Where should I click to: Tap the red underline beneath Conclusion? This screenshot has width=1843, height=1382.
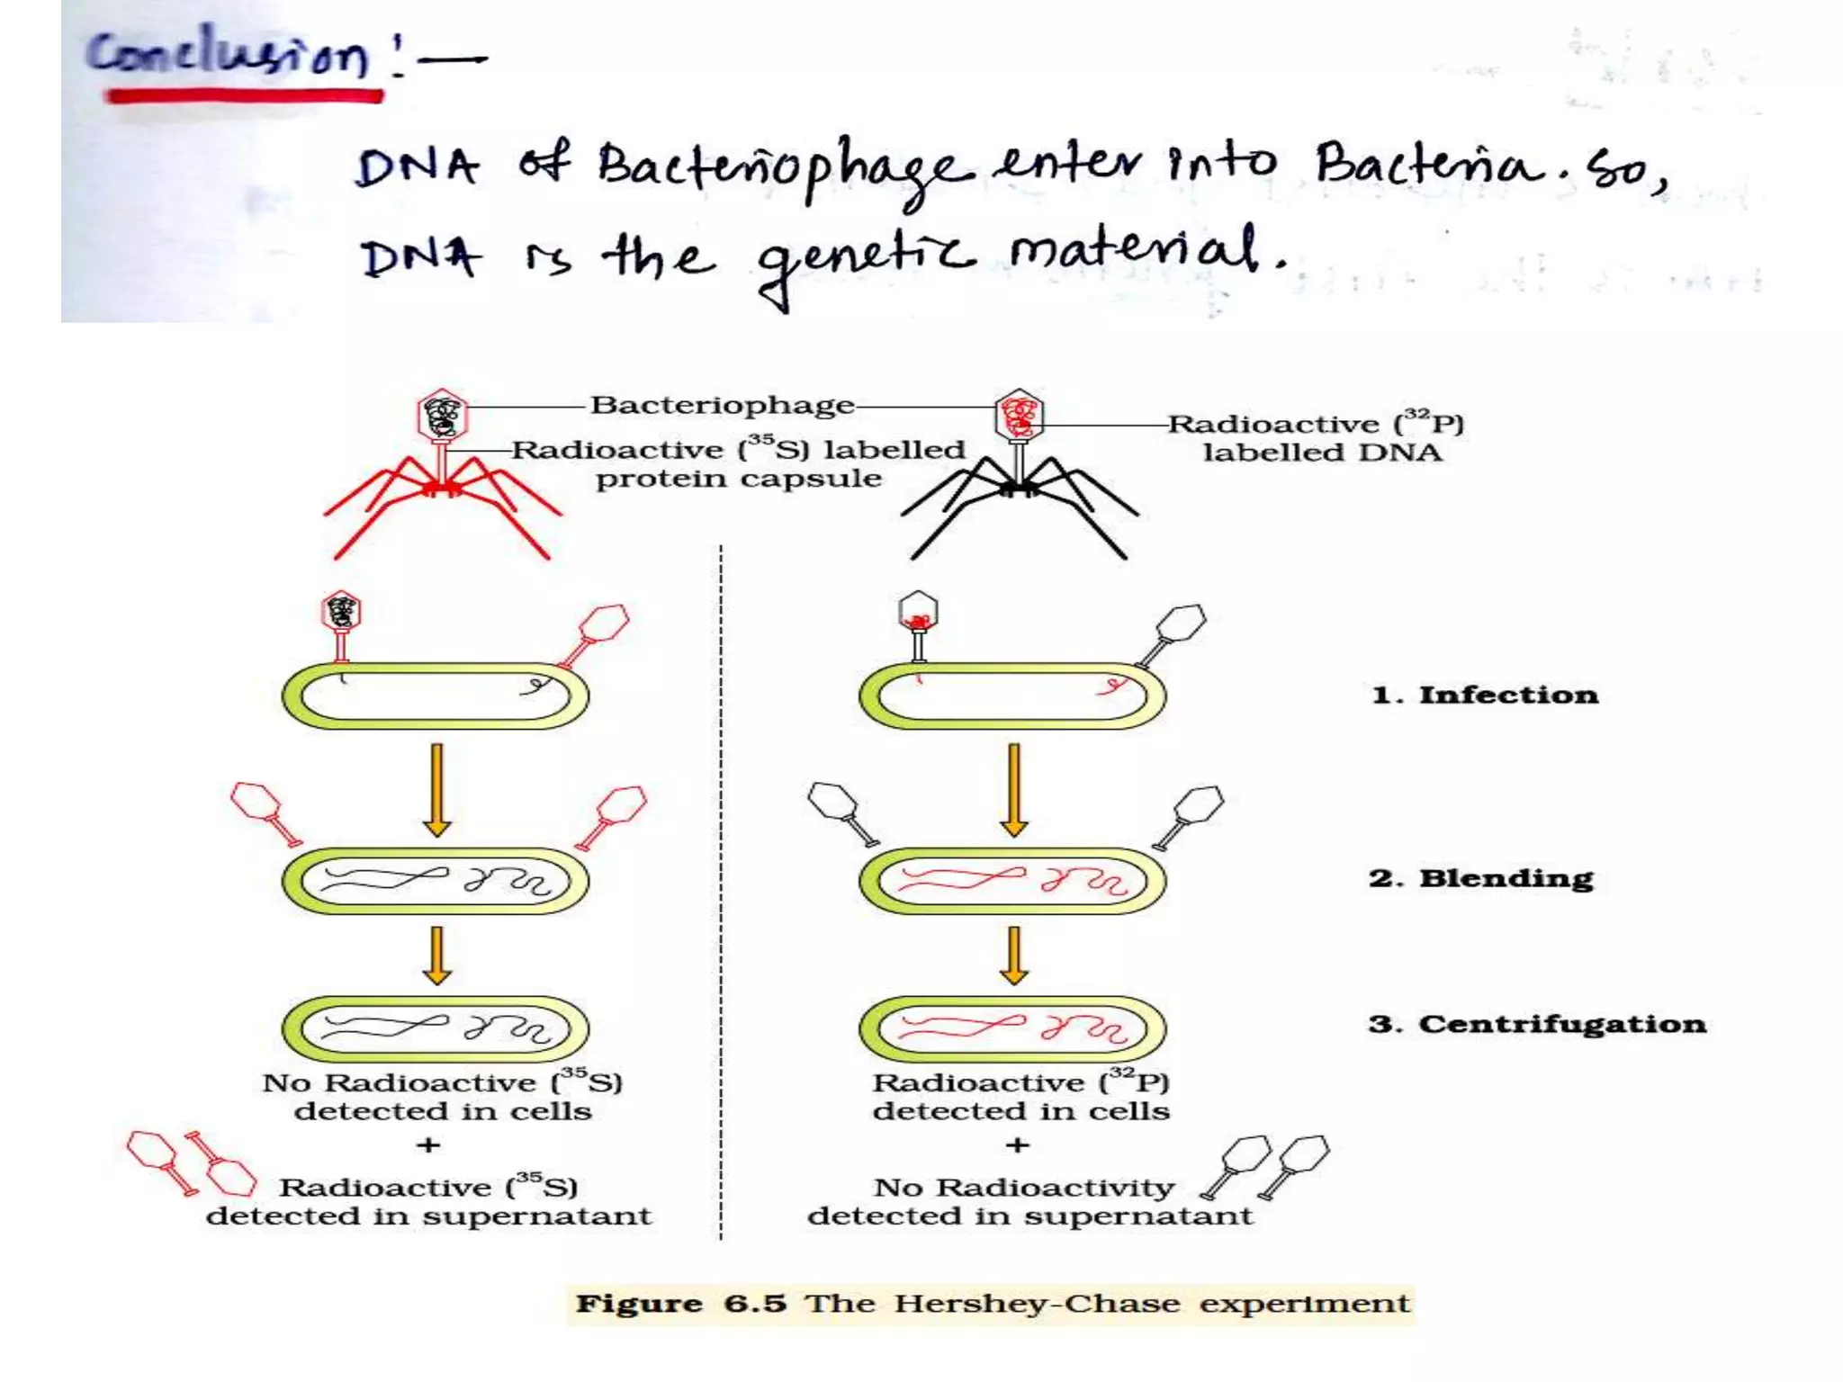(243, 95)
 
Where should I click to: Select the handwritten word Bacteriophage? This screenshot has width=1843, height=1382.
(785, 171)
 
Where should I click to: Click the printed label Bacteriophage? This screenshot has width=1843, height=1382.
(722, 405)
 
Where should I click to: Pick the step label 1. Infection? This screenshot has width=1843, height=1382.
(1485, 695)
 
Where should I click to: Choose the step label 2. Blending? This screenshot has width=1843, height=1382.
(1481, 878)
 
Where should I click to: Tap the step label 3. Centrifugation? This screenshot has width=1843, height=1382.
(1537, 1024)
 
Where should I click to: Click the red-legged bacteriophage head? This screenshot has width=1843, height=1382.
(442, 415)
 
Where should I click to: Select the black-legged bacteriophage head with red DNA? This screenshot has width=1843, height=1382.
(1019, 415)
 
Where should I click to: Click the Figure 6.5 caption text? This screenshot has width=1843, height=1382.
(992, 1304)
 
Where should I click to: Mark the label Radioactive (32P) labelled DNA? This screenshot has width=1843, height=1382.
(1317, 438)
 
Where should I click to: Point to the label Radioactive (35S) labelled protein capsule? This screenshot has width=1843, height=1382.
(738, 463)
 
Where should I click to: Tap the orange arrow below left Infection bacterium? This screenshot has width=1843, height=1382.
(437, 789)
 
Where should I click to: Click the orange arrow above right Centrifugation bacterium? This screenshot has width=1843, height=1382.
(1014, 955)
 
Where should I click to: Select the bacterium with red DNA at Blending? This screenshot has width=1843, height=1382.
(1012, 881)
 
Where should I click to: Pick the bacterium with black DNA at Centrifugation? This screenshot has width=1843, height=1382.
(436, 1028)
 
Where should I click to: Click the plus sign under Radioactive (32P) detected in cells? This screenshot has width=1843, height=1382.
(1018, 1144)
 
